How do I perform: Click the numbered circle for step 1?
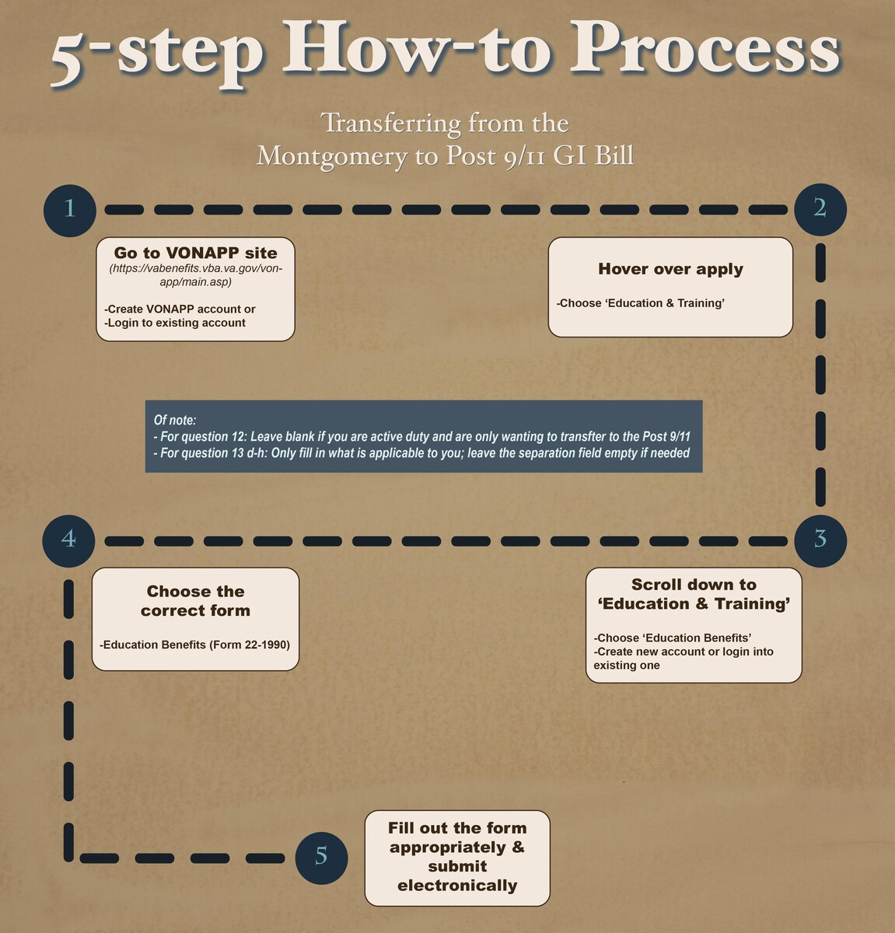69,209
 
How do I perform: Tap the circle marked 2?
820,208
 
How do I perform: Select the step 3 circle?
820,539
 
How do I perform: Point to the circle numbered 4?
69,539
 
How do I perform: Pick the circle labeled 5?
321,858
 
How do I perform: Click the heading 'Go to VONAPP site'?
195,253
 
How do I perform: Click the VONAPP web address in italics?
195,275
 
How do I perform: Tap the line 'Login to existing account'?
175,323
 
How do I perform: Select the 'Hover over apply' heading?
670,269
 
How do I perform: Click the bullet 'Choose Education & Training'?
641,303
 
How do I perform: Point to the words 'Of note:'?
175,420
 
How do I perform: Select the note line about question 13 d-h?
422,453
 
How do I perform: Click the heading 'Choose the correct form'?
195,601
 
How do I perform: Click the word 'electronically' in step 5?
457,886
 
